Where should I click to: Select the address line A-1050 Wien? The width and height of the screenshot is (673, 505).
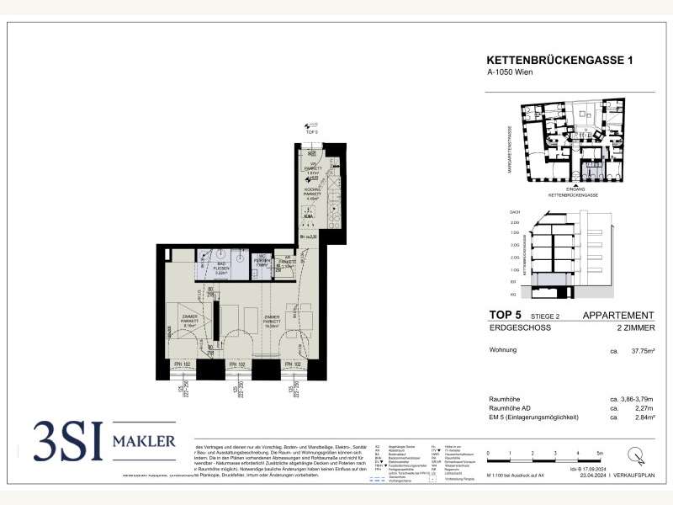point(511,72)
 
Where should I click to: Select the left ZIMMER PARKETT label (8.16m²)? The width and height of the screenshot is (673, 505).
point(188,318)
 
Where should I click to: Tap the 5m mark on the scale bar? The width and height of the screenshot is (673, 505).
point(599,454)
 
